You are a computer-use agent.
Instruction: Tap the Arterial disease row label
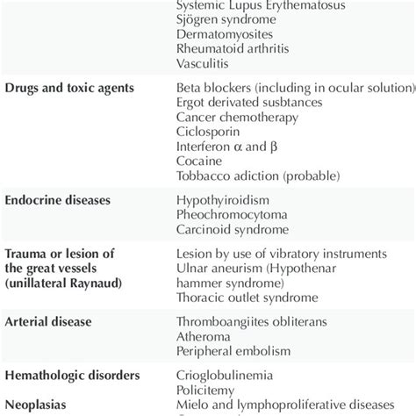(49, 322)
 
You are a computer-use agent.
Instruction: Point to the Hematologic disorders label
(73, 376)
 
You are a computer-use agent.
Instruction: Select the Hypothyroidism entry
(223, 200)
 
